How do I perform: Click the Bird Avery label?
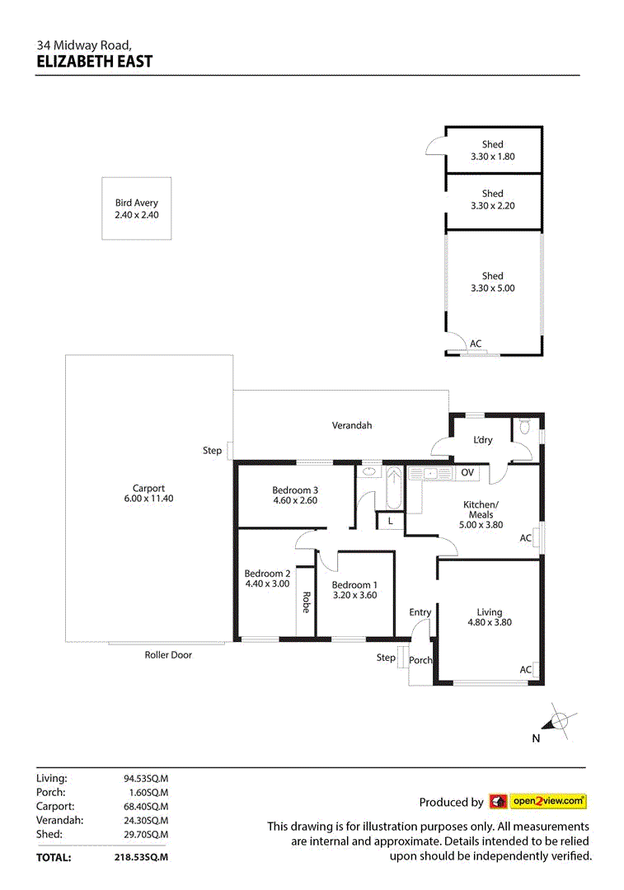coord(137,203)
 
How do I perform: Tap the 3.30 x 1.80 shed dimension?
coord(492,157)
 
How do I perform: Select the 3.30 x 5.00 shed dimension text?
coord(492,288)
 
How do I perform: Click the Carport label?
coord(149,488)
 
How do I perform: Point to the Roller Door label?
coord(168,655)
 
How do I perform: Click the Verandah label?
coord(352,425)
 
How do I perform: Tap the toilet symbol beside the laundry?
coord(525,428)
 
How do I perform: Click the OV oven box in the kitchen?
coord(467,472)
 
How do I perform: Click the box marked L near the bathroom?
coord(390,521)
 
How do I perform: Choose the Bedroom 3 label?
coord(295,490)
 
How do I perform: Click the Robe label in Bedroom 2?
coord(305,602)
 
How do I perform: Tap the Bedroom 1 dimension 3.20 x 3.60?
coord(354,595)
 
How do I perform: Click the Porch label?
coord(420,660)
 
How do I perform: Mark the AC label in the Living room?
coord(525,670)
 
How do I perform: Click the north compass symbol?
coord(559,722)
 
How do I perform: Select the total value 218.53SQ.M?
coord(141,857)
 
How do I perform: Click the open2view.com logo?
coord(537,801)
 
